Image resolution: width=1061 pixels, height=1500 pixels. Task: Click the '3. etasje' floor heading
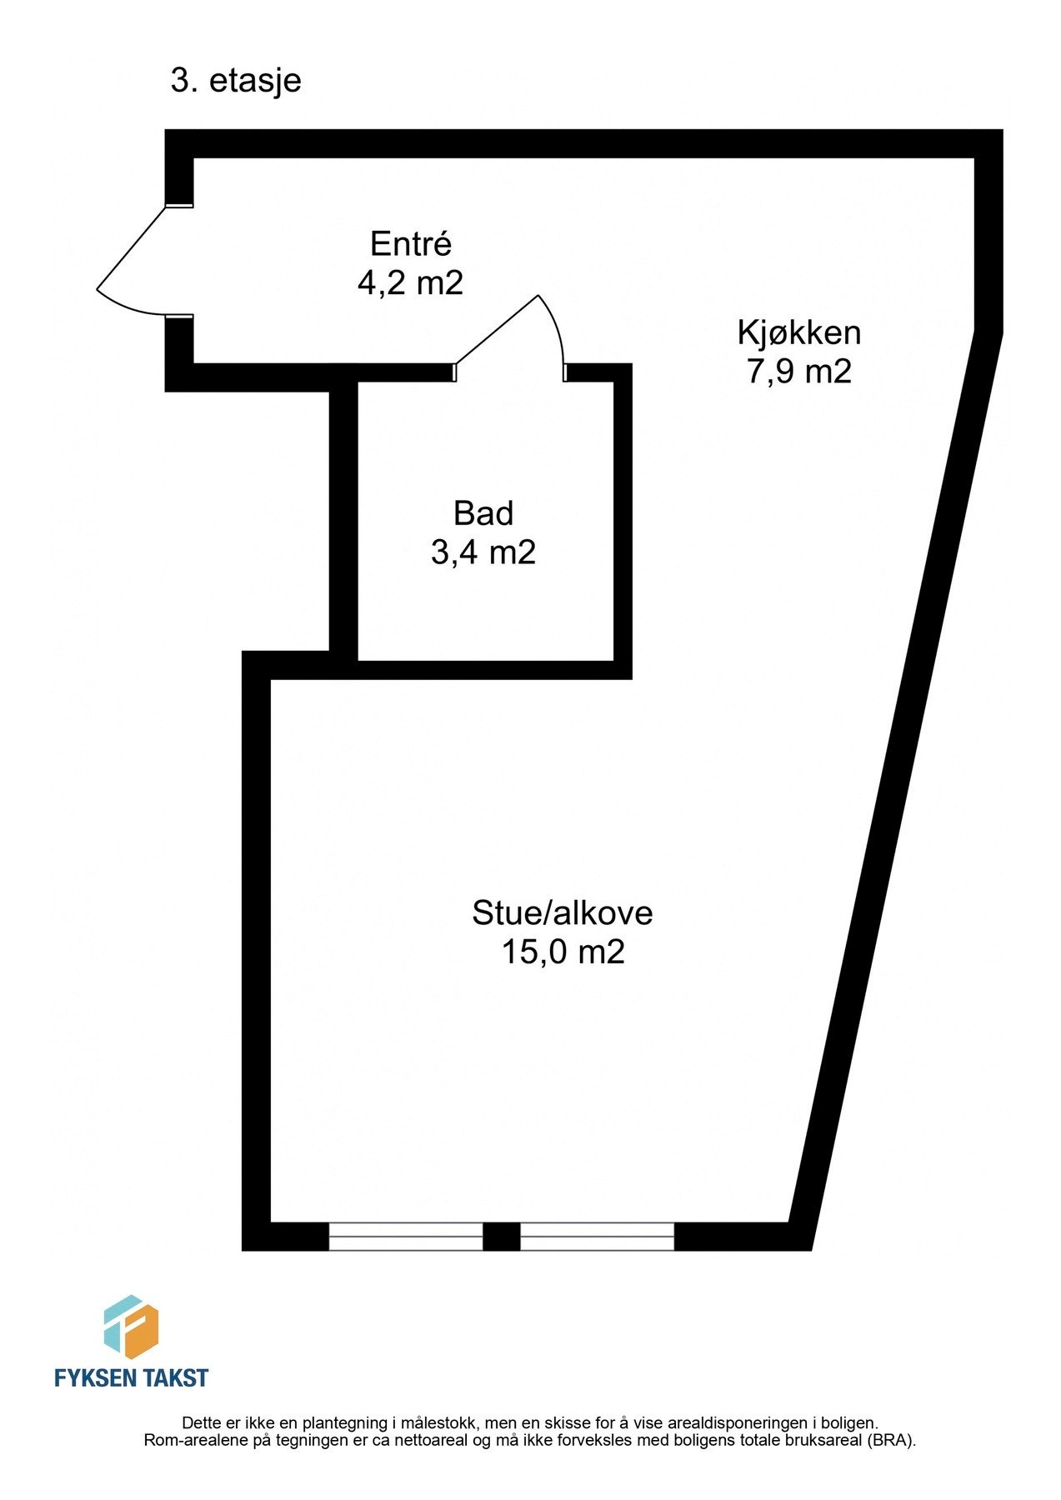(x=236, y=82)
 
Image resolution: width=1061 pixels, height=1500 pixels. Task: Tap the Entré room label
(x=410, y=244)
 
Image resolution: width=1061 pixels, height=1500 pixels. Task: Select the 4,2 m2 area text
(x=410, y=283)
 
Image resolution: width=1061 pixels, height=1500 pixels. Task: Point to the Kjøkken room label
(x=798, y=332)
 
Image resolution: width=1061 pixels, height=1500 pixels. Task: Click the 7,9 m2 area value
(x=798, y=371)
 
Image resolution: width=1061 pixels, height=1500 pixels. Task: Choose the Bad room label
(x=483, y=513)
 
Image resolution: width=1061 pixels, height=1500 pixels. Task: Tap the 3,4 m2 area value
(x=483, y=552)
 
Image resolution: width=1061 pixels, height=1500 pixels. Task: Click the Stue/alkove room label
(x=563, y=913)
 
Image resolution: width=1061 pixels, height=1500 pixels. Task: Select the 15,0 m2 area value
(x=563, y=952)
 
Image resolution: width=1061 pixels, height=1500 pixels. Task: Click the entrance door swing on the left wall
(x=133, y=262)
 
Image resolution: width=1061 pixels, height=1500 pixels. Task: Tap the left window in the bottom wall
(x=406, y=1237)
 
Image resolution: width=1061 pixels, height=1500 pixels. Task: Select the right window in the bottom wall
(x=597, y=1237)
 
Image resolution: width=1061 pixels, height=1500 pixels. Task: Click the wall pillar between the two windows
(x=502, y=1237)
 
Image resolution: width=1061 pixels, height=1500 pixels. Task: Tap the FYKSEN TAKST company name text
(x=131, y=1377)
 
